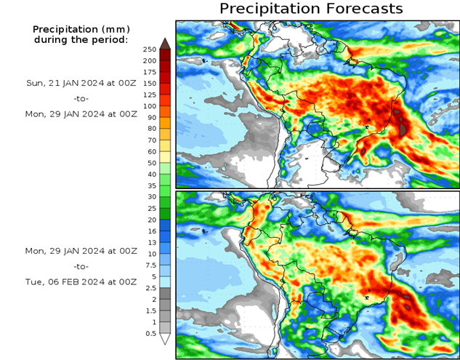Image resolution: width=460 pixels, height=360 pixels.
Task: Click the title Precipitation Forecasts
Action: (310, 9)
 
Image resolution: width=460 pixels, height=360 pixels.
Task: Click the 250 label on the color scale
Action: (150, 49)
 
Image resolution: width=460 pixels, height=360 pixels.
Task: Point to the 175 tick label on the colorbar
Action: (150, 71)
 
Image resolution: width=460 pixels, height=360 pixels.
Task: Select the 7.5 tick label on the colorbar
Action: (150, 265)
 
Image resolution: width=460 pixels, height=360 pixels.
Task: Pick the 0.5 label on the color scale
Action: (150, 333)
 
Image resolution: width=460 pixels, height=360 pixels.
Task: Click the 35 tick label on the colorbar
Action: (150, 185)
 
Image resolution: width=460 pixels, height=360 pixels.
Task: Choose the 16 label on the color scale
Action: (150, 231)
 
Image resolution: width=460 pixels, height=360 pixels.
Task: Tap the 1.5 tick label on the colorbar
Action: (150, 311)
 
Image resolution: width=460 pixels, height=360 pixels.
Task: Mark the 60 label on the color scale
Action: (150, 151)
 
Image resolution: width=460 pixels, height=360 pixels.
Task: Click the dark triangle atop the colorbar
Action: (165, 42)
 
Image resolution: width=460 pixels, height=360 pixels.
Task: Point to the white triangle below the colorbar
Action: (165, 339)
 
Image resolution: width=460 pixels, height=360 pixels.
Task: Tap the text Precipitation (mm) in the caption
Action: (81, 29)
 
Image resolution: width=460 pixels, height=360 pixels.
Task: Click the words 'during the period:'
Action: (81, 39)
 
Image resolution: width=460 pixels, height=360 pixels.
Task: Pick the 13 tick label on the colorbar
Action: (150, 242)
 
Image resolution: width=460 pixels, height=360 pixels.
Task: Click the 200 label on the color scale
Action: (150, 60)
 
